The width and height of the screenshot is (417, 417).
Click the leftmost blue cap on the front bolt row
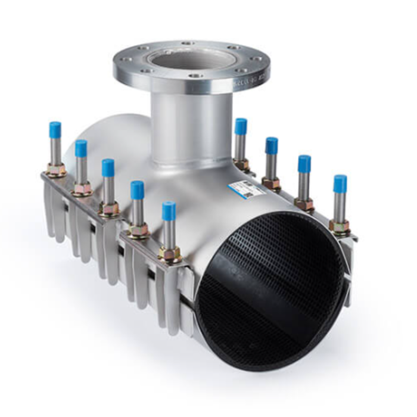[55, 129]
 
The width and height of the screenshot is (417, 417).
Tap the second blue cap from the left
[81, 148]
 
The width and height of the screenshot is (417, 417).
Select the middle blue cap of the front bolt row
[108, 167]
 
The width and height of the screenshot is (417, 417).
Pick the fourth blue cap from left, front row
[137, 189]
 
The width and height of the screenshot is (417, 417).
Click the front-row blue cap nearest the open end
[169, 210]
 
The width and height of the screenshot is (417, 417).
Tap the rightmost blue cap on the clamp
[340, 183]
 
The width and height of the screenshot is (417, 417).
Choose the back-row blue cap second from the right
[304, 163]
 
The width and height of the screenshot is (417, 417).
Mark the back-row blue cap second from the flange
[272, 145]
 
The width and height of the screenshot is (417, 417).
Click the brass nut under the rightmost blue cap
[339, 226]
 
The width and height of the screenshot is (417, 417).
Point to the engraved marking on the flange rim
[247, 77]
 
